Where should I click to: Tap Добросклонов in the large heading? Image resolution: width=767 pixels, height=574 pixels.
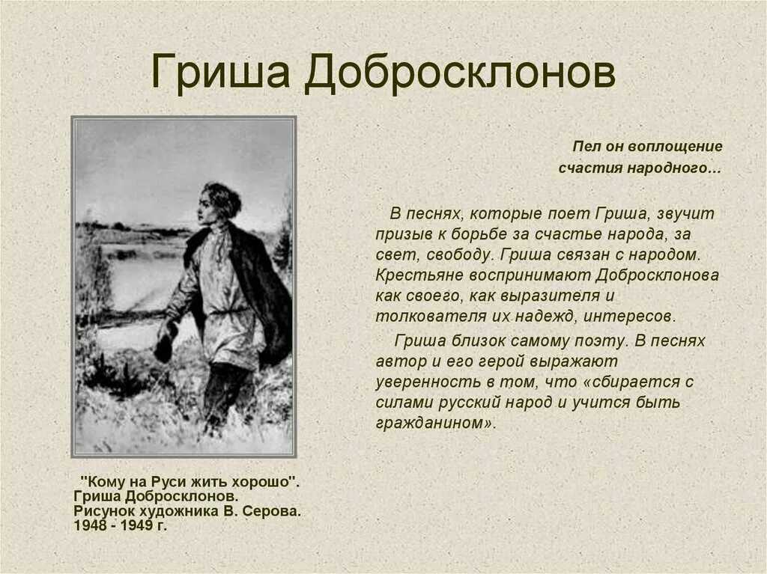pos(460,73)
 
